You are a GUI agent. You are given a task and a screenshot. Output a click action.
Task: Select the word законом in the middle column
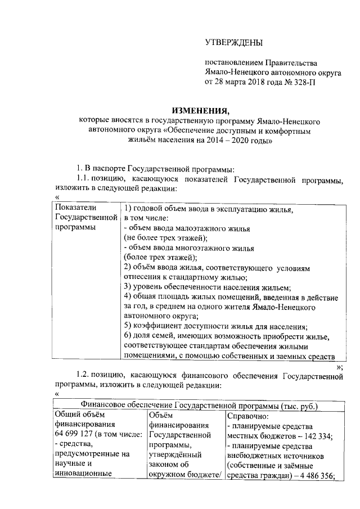point(164,464)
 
